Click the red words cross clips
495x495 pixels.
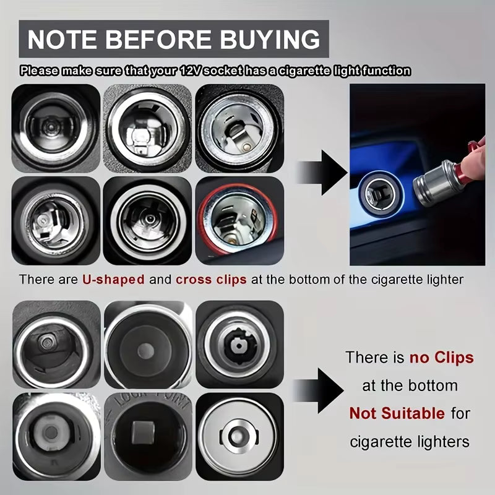(211, 279)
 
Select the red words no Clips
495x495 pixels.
(441, 358)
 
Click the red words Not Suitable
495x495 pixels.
(397, 413)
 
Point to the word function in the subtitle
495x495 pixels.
(389, 71)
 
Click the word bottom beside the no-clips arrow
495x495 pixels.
(433, 385)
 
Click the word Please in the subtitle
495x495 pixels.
(38, 71)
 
